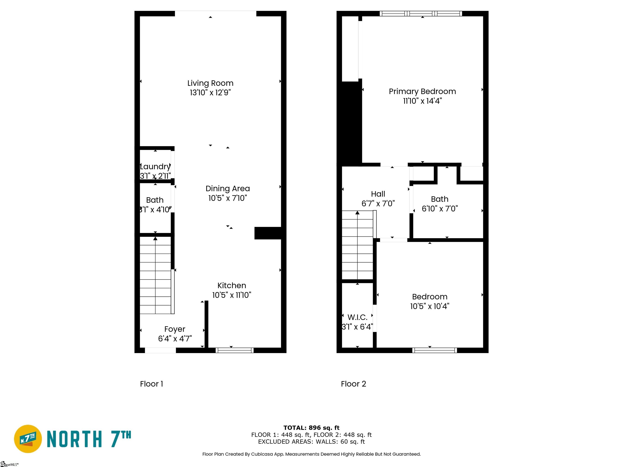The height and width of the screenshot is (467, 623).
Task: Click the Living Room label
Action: (210, 83)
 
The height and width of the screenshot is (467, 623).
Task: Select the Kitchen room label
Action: (232, 285)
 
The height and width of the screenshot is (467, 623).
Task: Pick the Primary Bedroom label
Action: (422, 91)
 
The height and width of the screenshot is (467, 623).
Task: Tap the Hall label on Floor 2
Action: (378, 194)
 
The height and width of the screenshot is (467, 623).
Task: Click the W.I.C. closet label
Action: (357, 317)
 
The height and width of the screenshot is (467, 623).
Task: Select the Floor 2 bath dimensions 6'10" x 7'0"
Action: (440, 209)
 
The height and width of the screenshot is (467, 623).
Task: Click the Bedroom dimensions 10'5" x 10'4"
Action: (430, 306)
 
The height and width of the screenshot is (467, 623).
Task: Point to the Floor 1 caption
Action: (151, 384)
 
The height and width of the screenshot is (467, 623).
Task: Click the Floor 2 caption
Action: (353, 384)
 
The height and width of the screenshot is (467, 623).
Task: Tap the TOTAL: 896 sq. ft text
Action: (311, 428)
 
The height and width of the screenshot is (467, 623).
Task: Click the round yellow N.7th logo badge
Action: (28, 439)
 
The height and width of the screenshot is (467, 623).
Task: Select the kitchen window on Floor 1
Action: (235, 350)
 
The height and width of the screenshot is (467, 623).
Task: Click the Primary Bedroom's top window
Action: (421, 14)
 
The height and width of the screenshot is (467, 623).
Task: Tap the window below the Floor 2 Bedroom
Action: (435, 350)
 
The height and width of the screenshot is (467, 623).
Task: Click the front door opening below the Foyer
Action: (160, 350)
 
